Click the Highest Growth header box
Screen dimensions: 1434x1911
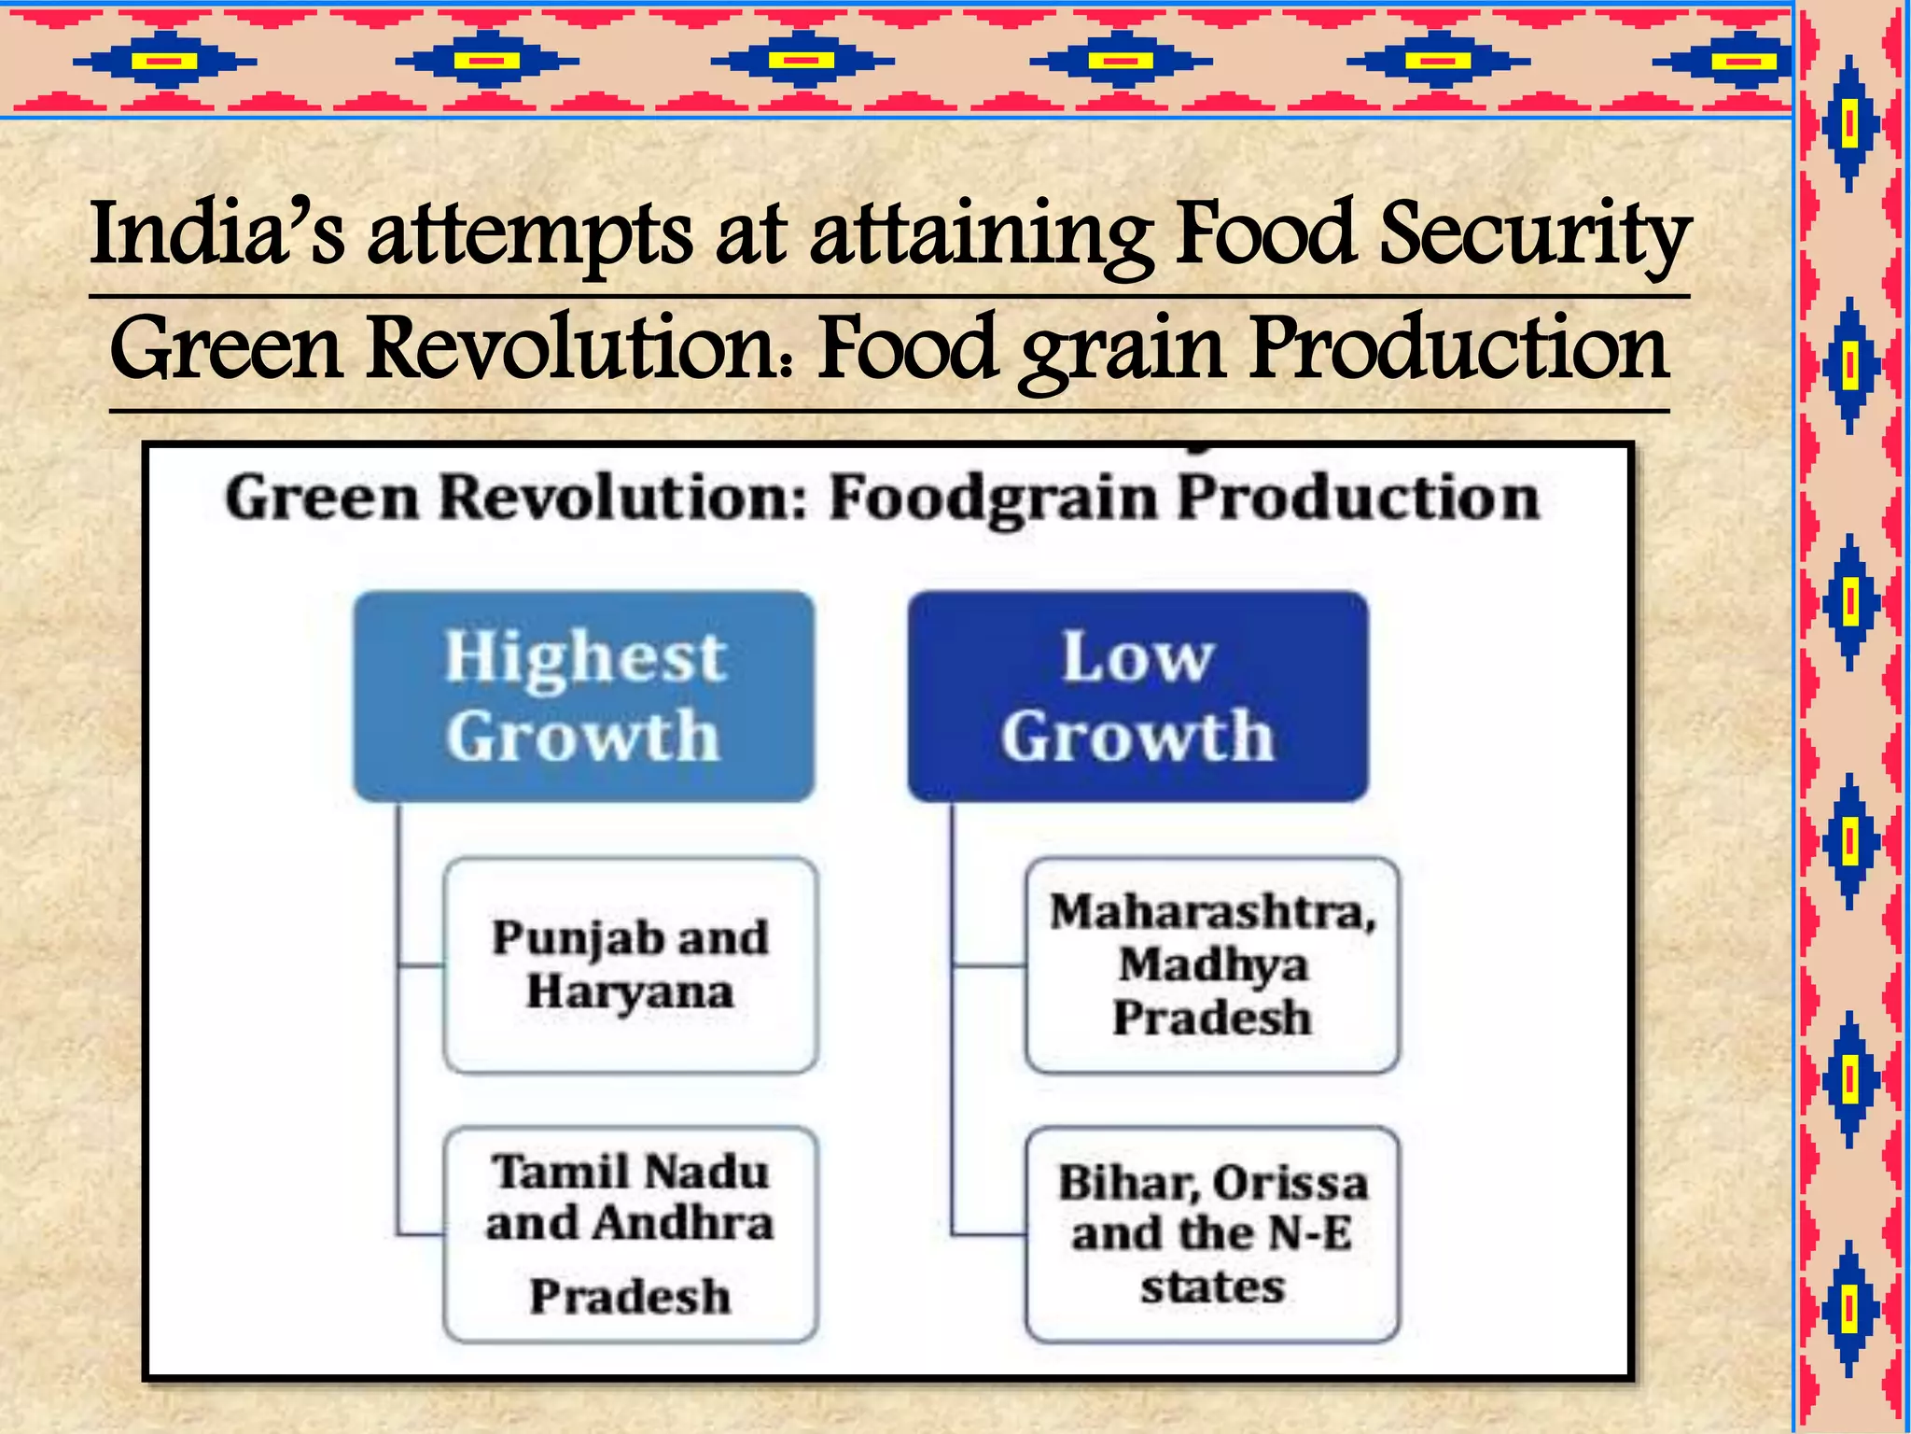[584, 696]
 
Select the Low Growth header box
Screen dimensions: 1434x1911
[1137, 696]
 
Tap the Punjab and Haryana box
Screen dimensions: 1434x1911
[631, 964]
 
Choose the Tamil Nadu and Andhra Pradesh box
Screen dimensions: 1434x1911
[631, 1234]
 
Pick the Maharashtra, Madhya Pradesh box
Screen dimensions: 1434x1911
[1212, 964]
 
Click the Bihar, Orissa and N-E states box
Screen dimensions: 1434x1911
[1212, 1234]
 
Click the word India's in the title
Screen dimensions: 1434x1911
[217, 233]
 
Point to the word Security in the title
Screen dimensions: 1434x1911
[1534, 233]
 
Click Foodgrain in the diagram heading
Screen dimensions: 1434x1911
[993, 499]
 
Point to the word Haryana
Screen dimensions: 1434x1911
[631, 991]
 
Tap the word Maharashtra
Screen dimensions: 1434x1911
[1212, 912]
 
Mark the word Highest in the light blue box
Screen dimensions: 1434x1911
[584, 657]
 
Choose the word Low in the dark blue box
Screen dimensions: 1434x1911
[1137, 657]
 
